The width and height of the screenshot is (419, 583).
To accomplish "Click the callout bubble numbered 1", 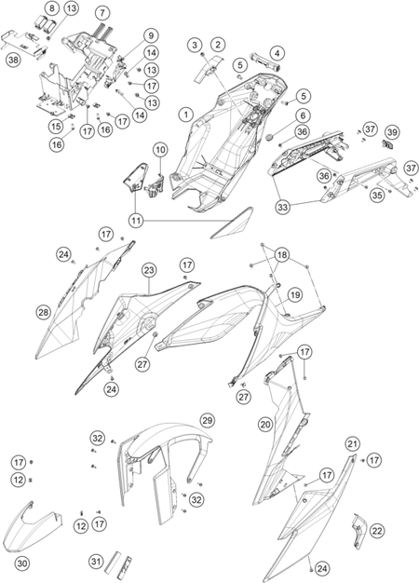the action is [x=186, y=115].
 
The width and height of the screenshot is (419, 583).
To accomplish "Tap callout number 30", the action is [x=22, y=563].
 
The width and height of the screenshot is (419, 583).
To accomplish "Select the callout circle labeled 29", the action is [x=207, y=421].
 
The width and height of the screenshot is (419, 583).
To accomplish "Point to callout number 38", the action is [x=14, y=61].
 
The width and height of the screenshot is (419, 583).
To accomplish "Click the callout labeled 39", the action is [x=392, y=132].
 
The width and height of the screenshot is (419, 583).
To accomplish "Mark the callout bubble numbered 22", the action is [x=377, y=531].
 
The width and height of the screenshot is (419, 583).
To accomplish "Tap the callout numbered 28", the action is [x=44, y=313].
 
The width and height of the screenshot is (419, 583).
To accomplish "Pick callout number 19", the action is [x=295, y=295].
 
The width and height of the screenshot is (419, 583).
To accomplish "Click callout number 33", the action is [x=283, y=207].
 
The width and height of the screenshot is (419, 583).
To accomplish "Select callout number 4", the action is [x=277, y=53].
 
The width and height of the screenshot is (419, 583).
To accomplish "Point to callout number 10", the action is [x=160, y=150].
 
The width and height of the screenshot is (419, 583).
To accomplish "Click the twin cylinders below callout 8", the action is [x=45, y=24].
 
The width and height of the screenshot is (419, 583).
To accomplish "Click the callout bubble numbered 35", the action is [x=377, y=196].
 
